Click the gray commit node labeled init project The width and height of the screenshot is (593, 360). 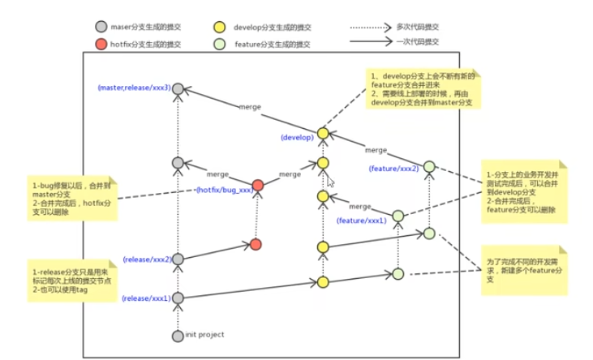(178, 335)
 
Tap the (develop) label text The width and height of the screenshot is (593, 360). (296, 137)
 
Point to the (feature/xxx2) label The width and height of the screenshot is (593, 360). (393, 168)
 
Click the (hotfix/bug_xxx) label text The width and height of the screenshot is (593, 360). (224, 189)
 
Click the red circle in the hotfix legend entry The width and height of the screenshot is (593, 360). (101, 44)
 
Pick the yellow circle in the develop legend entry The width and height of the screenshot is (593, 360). (220, 27)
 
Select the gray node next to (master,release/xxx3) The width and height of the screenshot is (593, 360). (178, 88)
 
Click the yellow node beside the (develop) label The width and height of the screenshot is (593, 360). (323, 133)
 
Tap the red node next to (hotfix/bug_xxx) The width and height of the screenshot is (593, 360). (258, 186)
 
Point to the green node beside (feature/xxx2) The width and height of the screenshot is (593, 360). (429, 167)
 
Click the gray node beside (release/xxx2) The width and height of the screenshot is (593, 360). (178, 259)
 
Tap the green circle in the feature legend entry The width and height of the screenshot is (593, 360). (220, 44)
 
